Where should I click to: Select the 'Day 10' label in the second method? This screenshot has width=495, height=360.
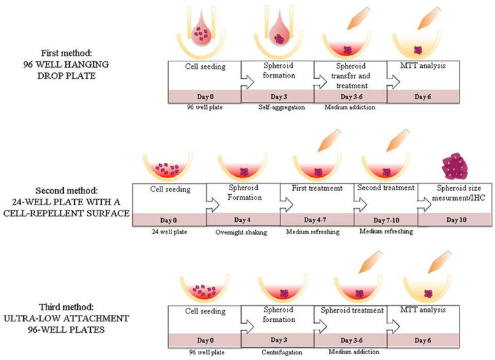pos(456,219)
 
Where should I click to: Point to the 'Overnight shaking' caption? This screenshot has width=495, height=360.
pos(244,230)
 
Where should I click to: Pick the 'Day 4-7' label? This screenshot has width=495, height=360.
pos(317,219)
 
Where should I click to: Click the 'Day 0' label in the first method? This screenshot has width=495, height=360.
pos(204,96)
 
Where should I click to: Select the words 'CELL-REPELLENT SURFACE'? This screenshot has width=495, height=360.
pos(72,212)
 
